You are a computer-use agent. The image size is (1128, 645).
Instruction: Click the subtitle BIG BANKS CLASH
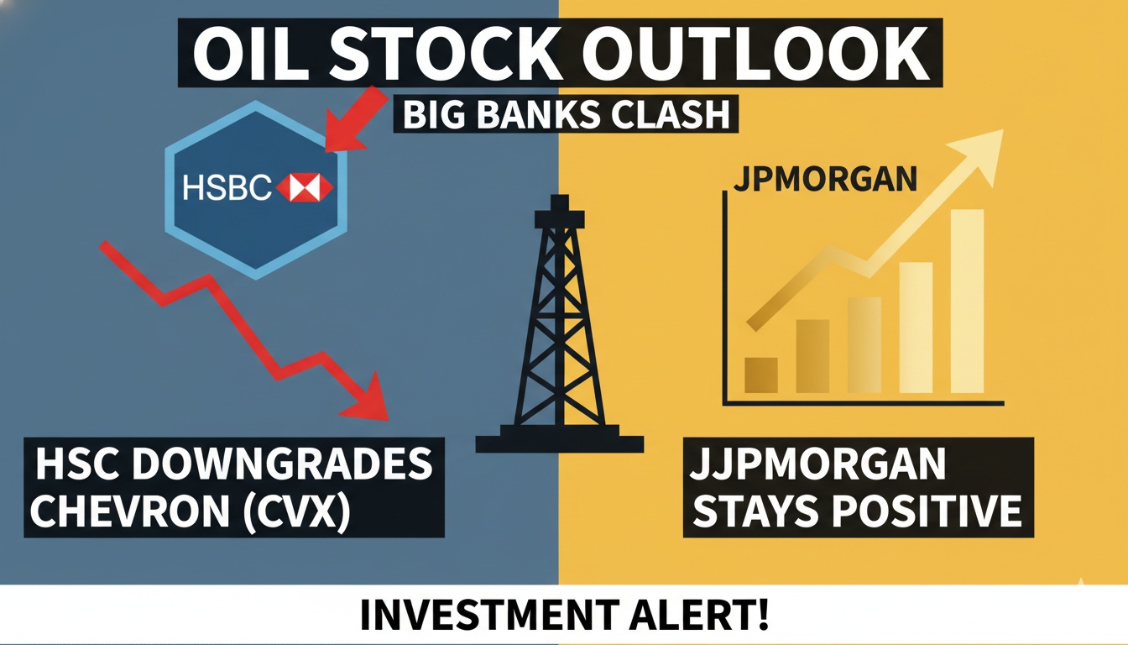pos(566,115)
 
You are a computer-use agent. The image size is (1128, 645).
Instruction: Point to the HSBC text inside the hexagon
pos(227,188)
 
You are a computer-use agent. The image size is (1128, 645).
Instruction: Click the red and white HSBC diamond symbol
pos(305,188)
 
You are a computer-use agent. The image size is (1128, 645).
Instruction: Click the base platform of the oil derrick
pos(559,442)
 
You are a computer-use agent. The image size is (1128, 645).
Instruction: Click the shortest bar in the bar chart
pos(760,375)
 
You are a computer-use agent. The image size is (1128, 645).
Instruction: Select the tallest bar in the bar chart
pos(966,301)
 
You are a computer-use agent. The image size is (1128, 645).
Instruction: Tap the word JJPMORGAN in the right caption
pos(818,464)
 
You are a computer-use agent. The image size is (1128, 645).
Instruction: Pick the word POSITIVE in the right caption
pos(932,511)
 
